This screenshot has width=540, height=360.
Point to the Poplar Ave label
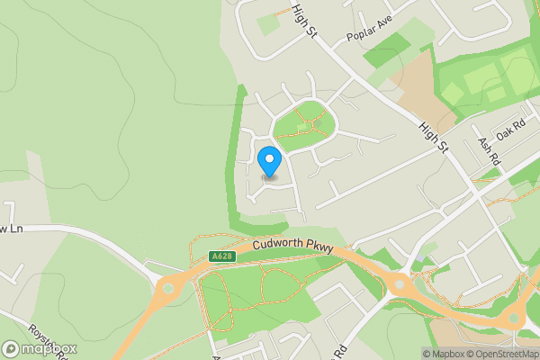pos(371,40)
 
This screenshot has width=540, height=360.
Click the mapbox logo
pos(40,348)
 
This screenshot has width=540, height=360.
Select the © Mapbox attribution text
pos(443,354)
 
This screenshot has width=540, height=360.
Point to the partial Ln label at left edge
pos(8,229)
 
